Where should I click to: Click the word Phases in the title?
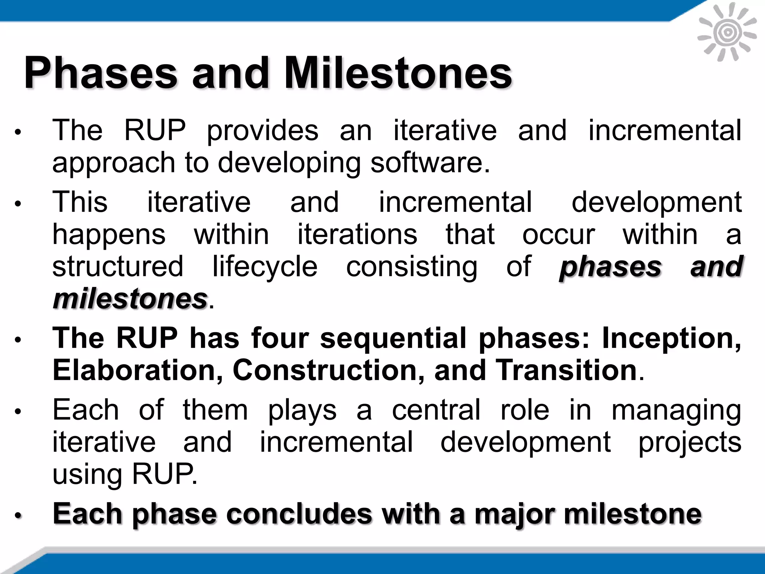(x=100, y=73)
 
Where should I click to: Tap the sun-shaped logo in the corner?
(x=727, y=33)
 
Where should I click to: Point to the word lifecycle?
(x=265, y=267)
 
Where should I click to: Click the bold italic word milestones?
(x=130, y=299)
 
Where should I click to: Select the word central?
(x=436, y=410)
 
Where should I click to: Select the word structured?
(x=118, y=267)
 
